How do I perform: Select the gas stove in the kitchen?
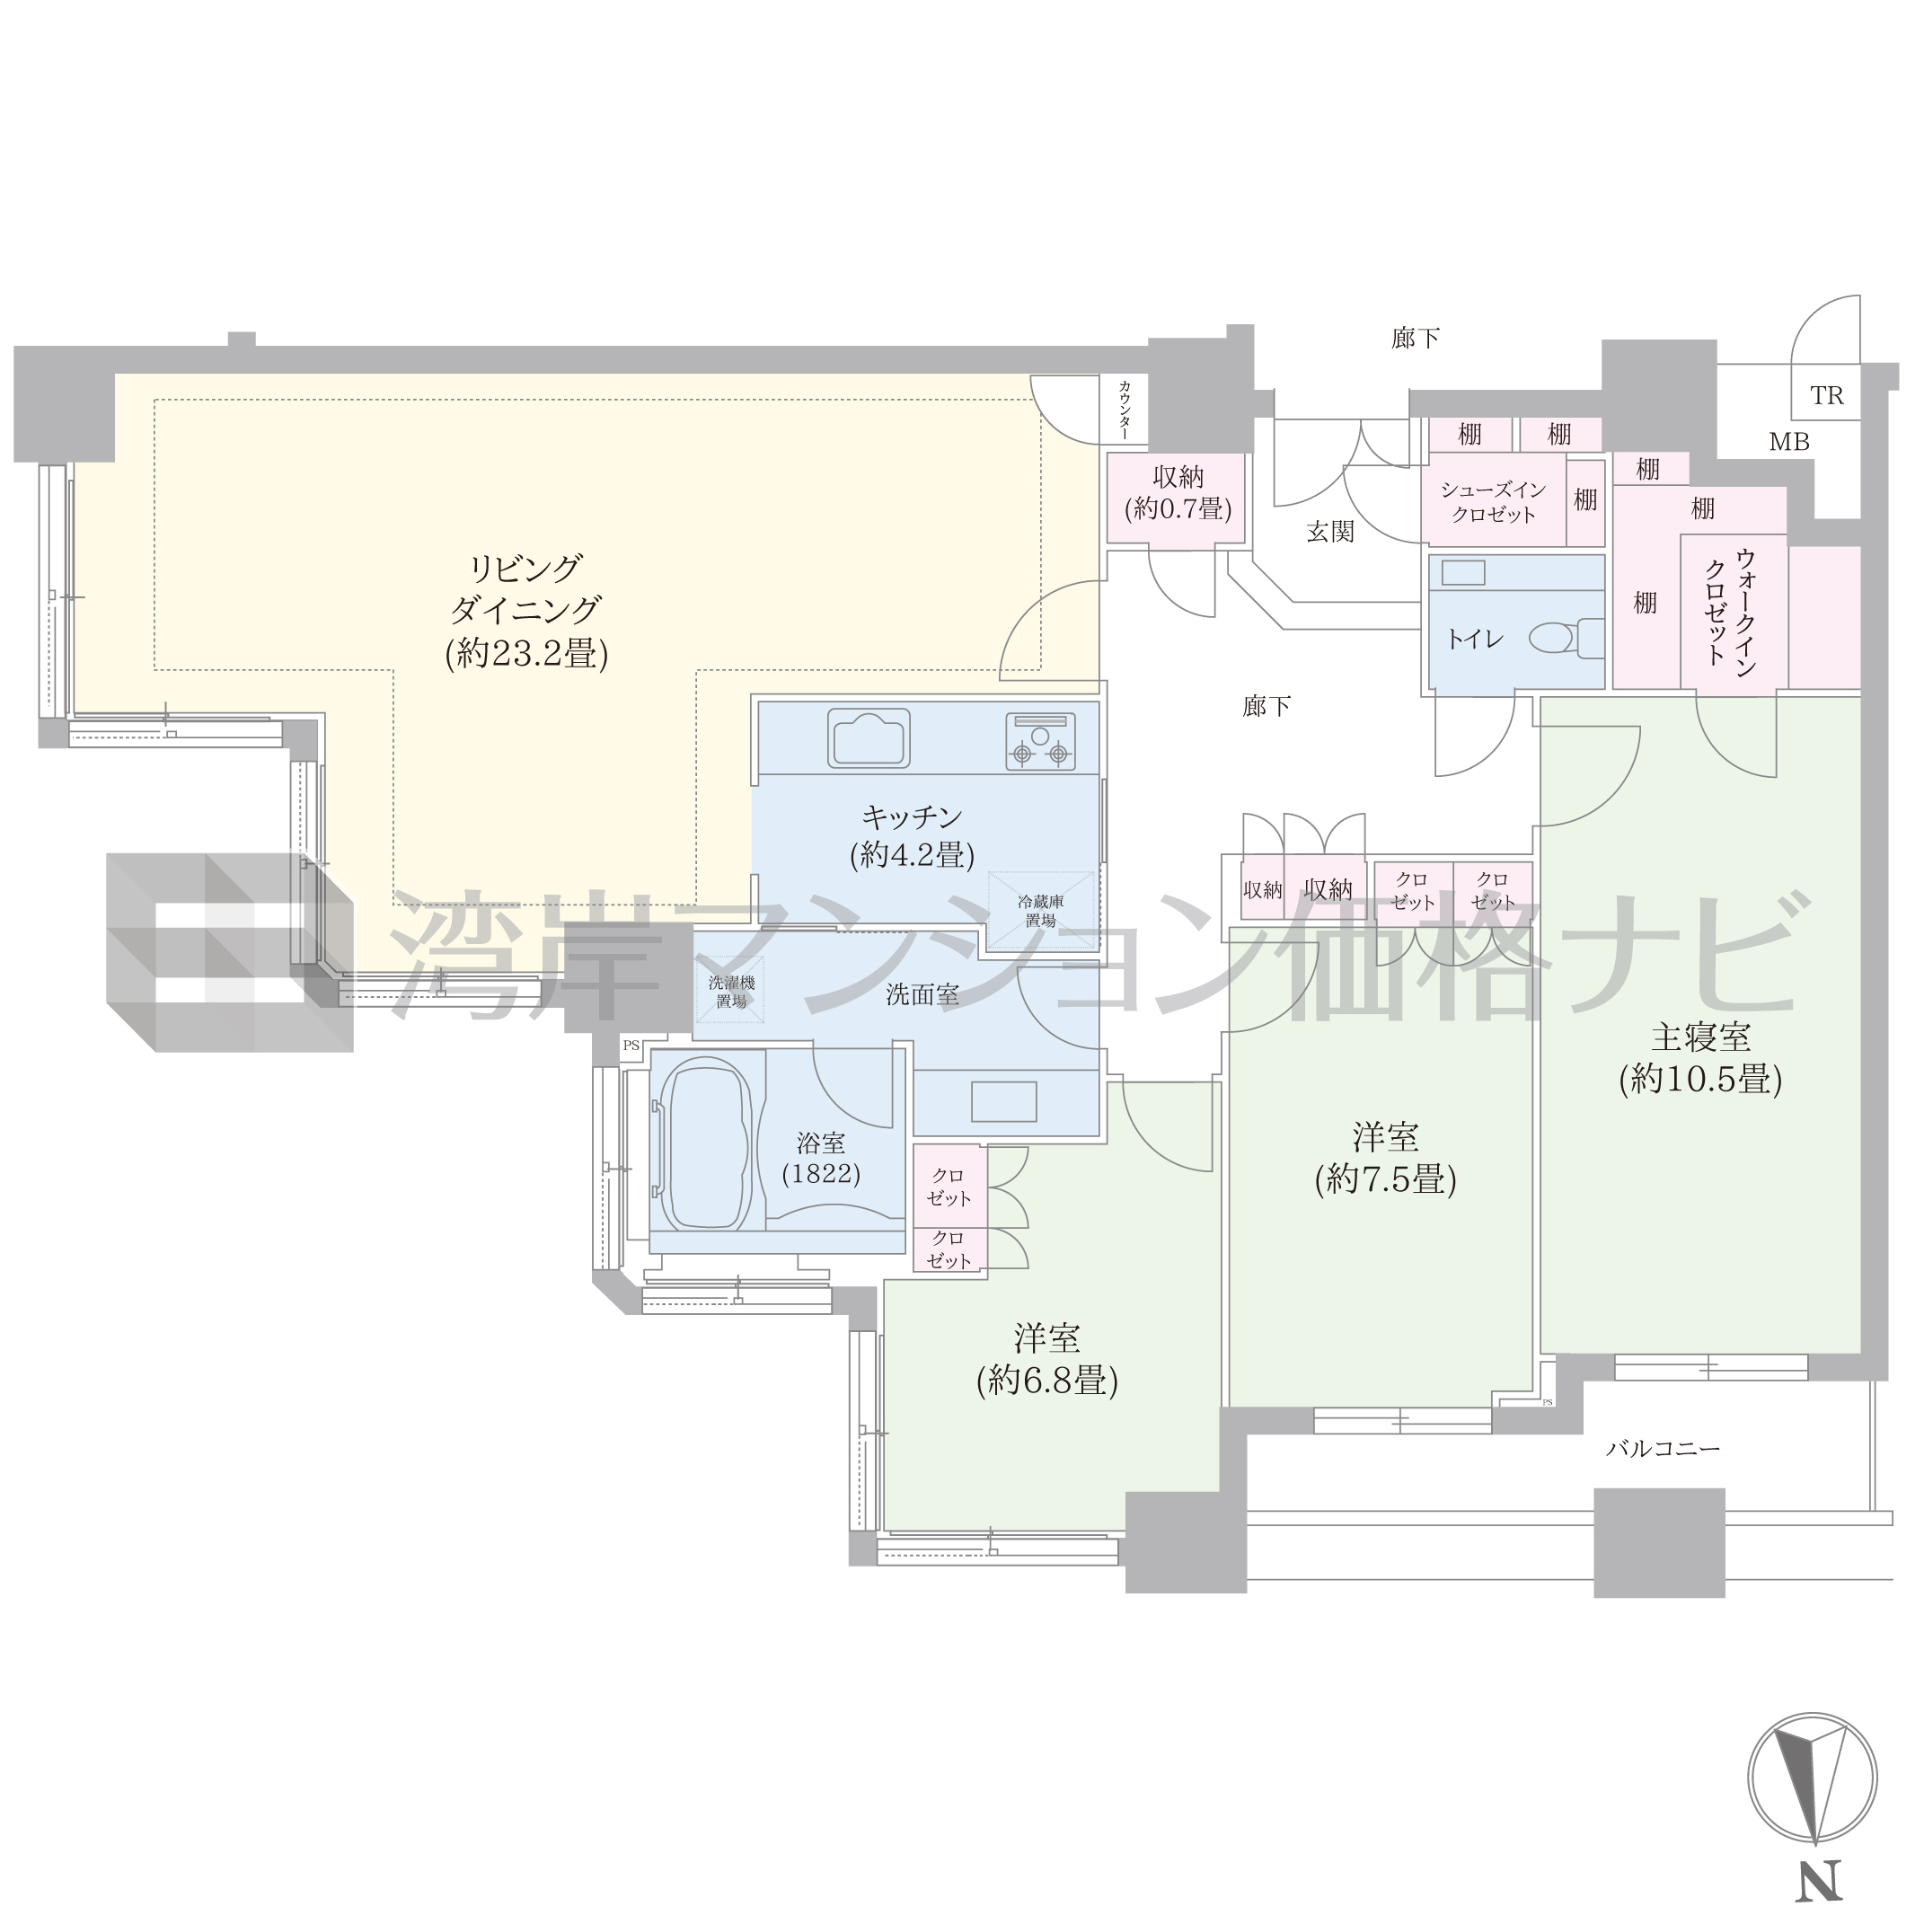pyautogui.click(x=1041, y=741)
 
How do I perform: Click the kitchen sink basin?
pyautogui.click(x=869, y=738)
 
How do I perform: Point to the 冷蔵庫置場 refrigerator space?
pyautogui.click(x=1041, y=910)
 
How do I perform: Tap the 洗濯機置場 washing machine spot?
pyautogui.click(x=731, y=991)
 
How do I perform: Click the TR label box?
pyautogui.click(x=1826, y=395)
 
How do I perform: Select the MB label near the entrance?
pyautogui.click(x=1788, y=442)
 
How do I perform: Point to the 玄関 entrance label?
pyautogui.click(x=1330, y=532)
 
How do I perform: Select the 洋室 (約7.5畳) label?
pyautogui.click(x=1385, y=1158)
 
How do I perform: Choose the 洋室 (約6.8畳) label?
pyautogui.click(x=1046, y=1359)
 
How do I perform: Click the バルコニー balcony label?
pyautogui.click(x=1664, y=1449)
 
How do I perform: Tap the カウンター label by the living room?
pyautogui.click(x=1125, y=410)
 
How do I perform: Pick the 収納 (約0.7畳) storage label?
pyautogui.click(x=1178, y=494)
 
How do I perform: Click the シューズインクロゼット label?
pyautogui.click(x=1493, y=502)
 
